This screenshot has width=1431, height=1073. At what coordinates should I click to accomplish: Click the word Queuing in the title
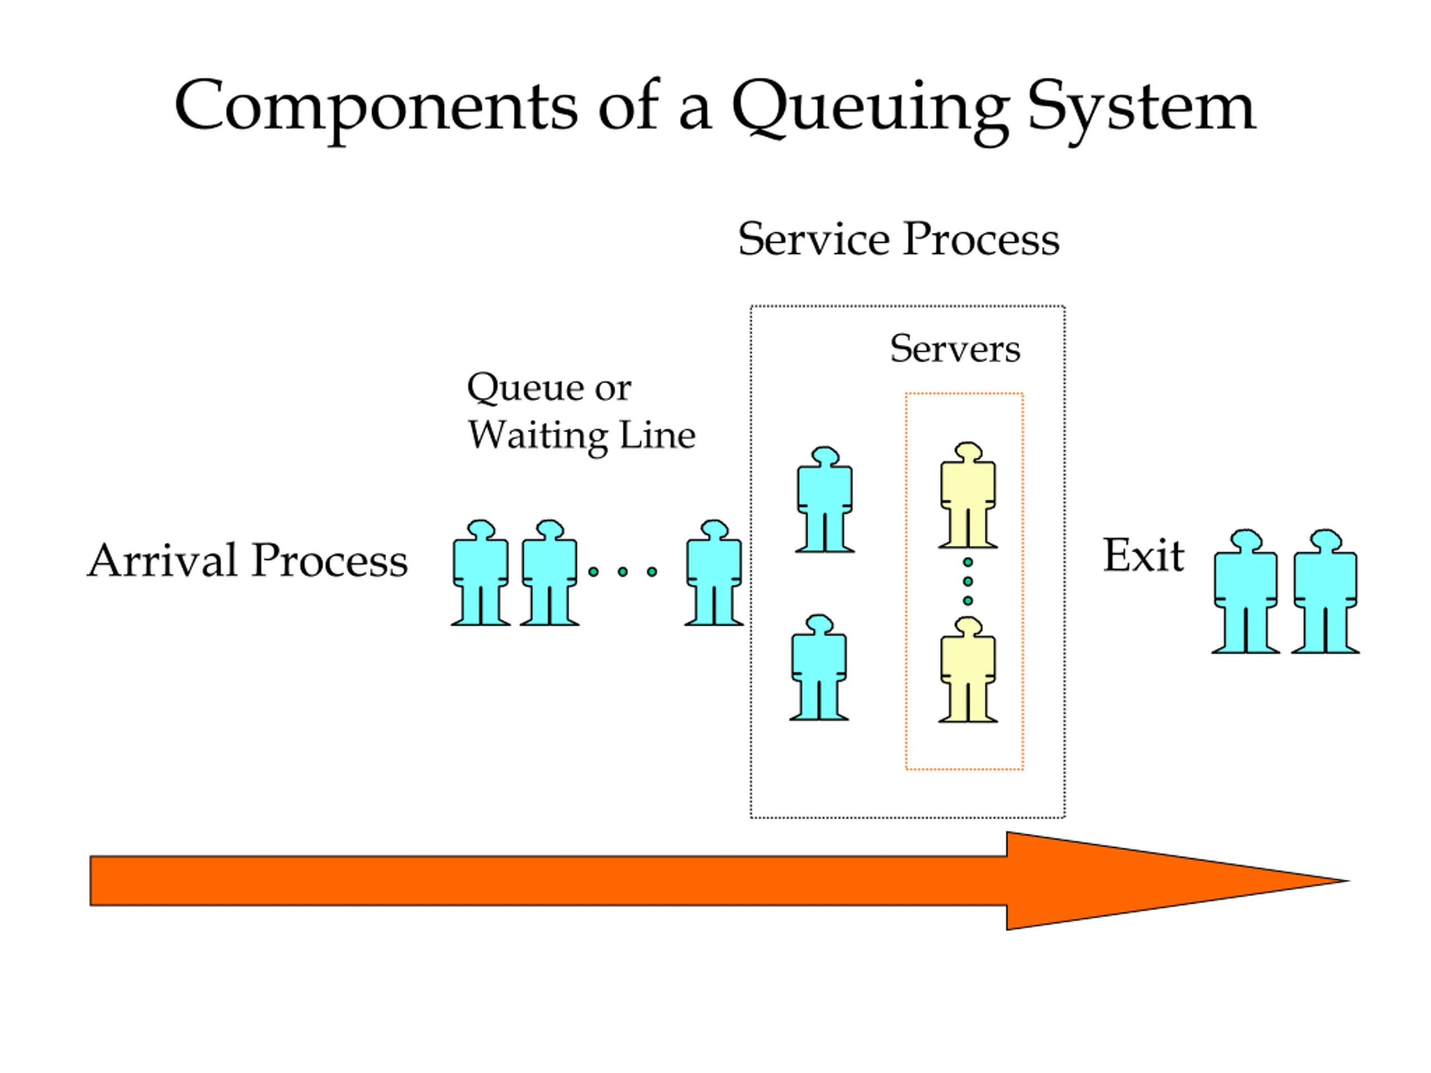[x=870, y=110]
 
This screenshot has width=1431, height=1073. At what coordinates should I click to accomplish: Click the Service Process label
[x=899, y=239]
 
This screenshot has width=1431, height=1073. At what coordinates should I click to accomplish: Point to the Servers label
[x=955, y=349]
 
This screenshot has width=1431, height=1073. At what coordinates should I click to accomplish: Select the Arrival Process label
[x=248, y=560]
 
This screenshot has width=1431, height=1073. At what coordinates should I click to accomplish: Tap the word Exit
[x=1144, y=556]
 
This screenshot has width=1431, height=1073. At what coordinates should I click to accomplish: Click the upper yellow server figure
[x=968, y=496]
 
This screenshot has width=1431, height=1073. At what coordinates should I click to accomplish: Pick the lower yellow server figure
[x=968, y=670]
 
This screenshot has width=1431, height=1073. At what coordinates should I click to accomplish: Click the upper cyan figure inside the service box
[x=825, y=499]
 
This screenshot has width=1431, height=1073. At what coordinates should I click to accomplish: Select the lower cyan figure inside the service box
[x=819, y=667]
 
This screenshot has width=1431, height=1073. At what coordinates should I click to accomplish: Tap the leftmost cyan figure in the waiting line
[x=481, y=572]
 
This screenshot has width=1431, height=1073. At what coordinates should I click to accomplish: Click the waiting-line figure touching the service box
[x=714, y=572]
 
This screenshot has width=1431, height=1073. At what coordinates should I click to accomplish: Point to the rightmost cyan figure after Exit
[x=1325, y=591]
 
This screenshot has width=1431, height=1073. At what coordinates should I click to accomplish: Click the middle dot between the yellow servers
[x=968, y=581]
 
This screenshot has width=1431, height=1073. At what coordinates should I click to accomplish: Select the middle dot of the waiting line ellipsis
[x=622, y=572]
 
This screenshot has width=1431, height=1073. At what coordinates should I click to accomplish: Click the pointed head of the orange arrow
[x=1349, y=880]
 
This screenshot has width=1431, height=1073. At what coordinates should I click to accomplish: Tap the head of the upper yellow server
[x=969, y=452]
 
